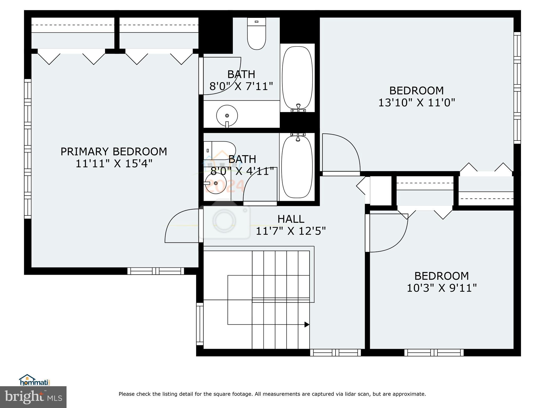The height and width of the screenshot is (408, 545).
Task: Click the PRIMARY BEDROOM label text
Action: pos(114,152)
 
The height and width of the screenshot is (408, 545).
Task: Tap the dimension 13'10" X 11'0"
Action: pos(416,103)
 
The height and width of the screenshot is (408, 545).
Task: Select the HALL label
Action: pos(291,219)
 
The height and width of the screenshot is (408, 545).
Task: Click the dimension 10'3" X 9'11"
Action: pos(441,288)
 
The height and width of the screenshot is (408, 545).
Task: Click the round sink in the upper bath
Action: pos(227,116)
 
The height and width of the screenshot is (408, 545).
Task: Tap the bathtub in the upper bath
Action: pos(297,78)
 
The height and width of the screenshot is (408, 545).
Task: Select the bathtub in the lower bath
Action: pos(297,167)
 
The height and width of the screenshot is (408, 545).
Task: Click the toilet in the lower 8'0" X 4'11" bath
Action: pos(220,150)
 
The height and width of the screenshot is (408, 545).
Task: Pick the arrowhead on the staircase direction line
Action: pos(307,324)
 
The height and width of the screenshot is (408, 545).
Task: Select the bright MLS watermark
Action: pos(33,397)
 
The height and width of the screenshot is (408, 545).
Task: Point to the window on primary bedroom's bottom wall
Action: pos(155,271)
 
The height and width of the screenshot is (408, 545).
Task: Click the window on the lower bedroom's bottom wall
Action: pos(434,352)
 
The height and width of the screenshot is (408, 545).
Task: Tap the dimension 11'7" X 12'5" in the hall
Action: pos(291,231)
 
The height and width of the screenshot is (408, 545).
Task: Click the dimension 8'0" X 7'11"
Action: pos(241,86)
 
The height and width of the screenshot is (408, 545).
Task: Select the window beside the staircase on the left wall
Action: pos(200,324)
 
